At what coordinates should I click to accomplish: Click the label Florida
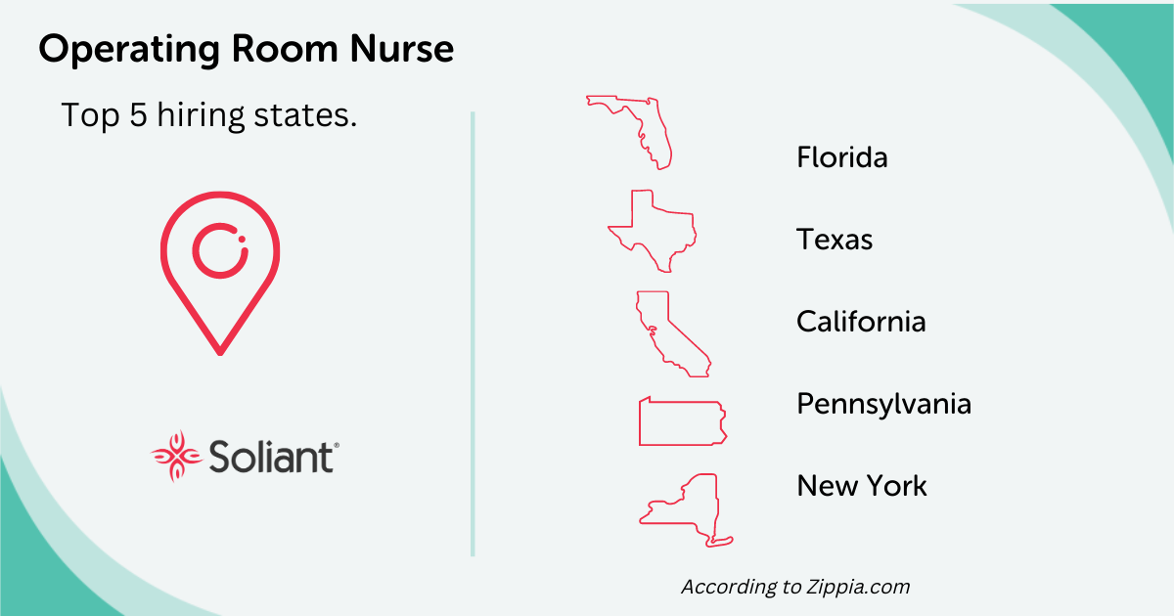tap(841, 157)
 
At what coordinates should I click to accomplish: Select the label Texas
tap(834, 240)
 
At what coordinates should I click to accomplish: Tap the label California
tap(861, 322)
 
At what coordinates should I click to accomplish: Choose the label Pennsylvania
tap(883, 404)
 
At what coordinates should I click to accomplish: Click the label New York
tap(861, 486)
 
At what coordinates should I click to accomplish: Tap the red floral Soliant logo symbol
tap(175, 456)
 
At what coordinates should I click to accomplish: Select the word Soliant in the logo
tap(271, 457)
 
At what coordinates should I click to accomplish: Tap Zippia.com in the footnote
tap(857, 588)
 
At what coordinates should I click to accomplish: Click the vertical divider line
tap(473, 332)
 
